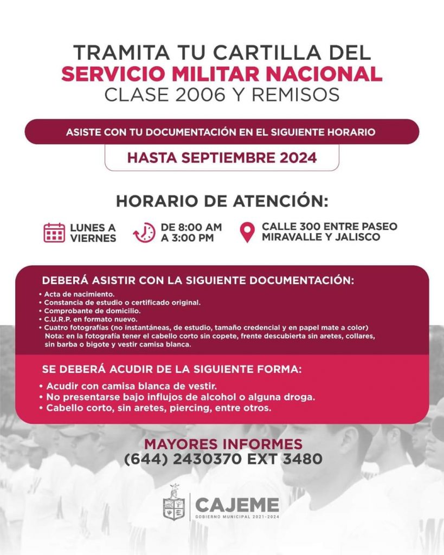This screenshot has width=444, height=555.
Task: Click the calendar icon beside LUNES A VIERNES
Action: [54, 233]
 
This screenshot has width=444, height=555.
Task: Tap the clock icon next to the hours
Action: [144, 233]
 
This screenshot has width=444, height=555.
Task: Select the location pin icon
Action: [247, 233]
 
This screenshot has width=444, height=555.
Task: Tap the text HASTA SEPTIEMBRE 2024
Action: [222, 158]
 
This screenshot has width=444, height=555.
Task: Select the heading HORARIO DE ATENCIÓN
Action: [222, 201]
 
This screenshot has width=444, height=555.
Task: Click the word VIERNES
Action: [93, 238]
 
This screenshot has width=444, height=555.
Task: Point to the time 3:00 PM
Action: [191, 238]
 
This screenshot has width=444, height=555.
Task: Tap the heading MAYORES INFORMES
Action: [223, 444]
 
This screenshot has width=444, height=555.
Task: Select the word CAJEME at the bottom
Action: [237, 505]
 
